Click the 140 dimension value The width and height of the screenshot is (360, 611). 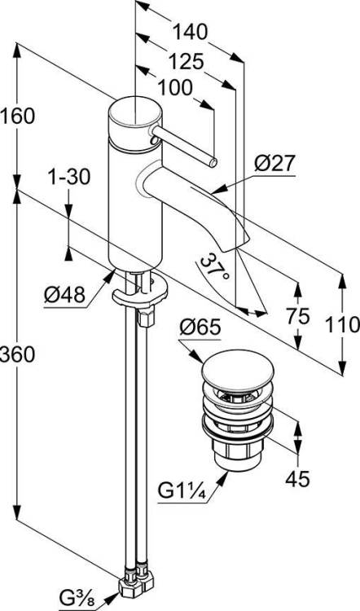(190, 32)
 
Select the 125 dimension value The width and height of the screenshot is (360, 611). (186, 61)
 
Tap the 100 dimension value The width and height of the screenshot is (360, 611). (175, 88)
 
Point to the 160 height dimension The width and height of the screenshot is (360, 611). (18, 116)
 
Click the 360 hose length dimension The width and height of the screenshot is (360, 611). (18, 354)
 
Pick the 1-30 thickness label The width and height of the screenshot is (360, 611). (69, 177)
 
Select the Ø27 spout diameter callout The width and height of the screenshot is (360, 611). (275, 163)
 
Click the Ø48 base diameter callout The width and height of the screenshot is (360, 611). (64, 295)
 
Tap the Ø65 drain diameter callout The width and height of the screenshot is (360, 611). (200, 327)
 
